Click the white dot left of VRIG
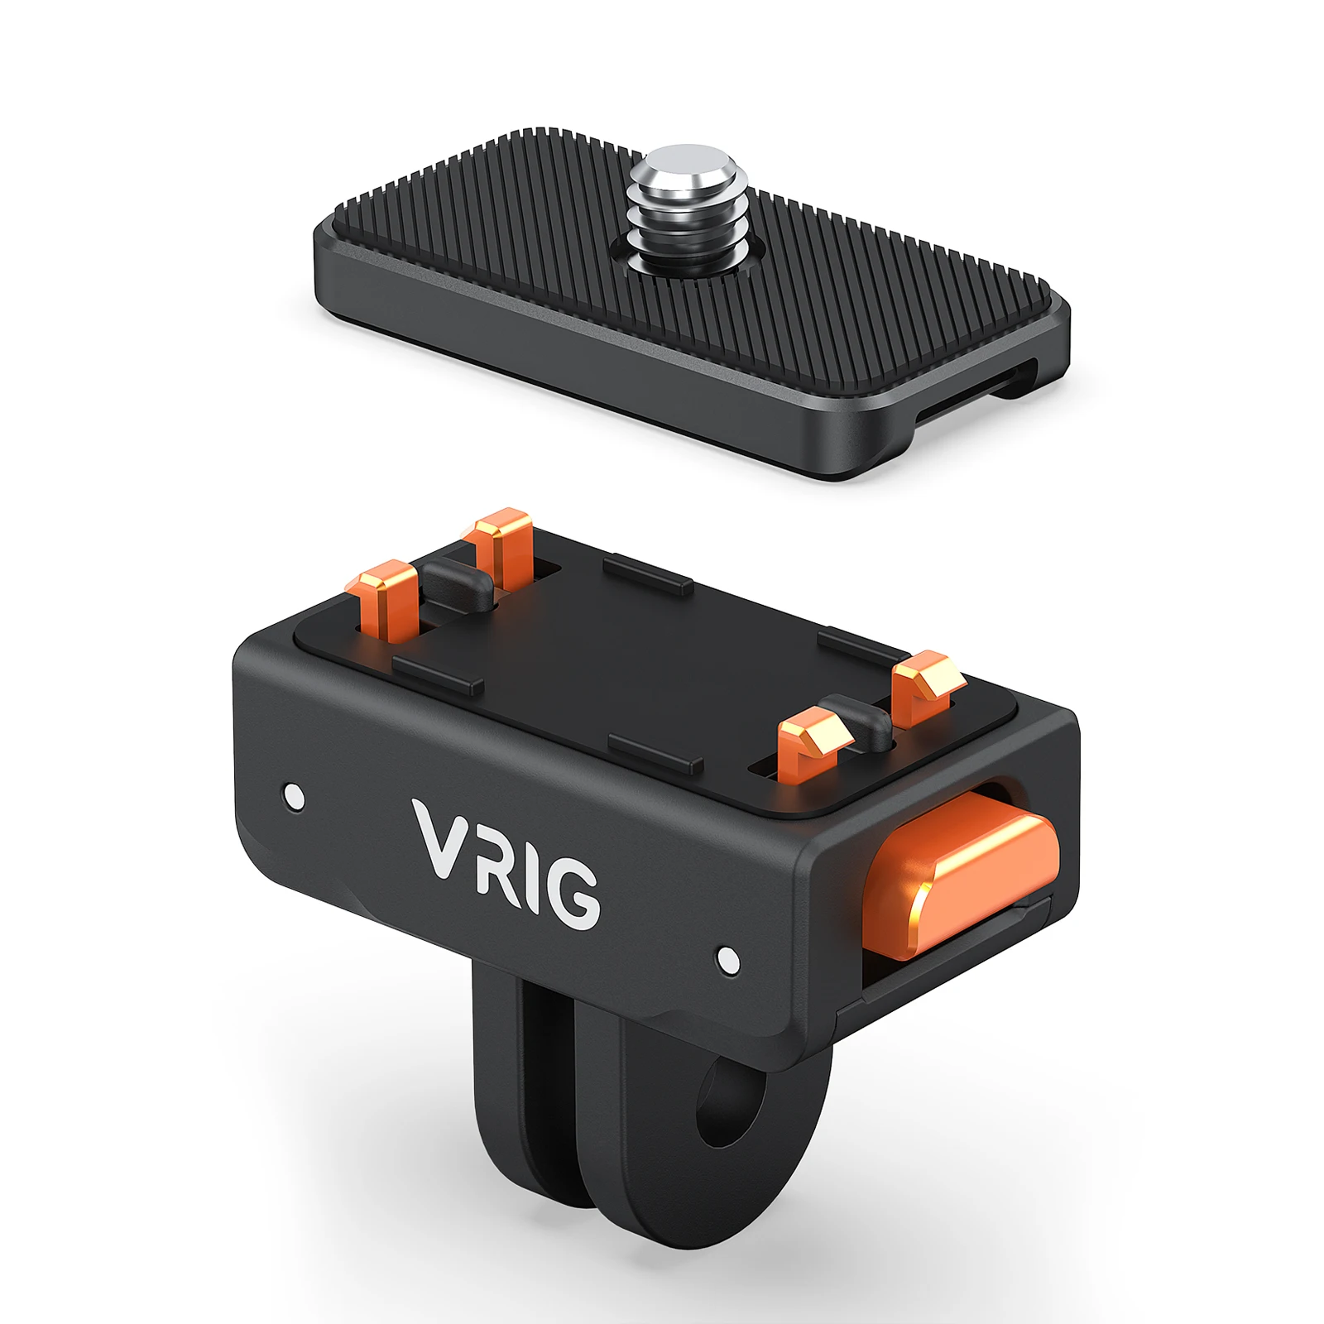(x=293, y=796)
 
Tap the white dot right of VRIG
(x=728, y=959)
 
